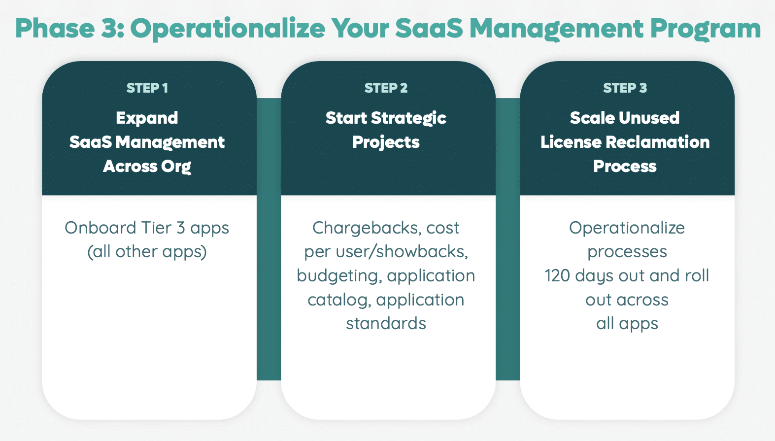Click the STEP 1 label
click(147, 88)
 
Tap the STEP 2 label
click(386, 88)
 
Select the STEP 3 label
click(625, 88)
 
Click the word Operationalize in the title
click(228, 29)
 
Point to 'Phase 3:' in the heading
click(69, 29)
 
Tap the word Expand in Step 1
click(147, 118)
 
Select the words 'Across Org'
click(147, 167)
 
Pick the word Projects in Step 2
click(386, 142)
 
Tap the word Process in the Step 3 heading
click(625, 167)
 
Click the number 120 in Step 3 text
click(557, 275)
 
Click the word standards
click(386, 324)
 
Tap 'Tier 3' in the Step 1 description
click(163, 228)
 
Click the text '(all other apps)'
click(147, 252)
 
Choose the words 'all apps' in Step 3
click(627, 324)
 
